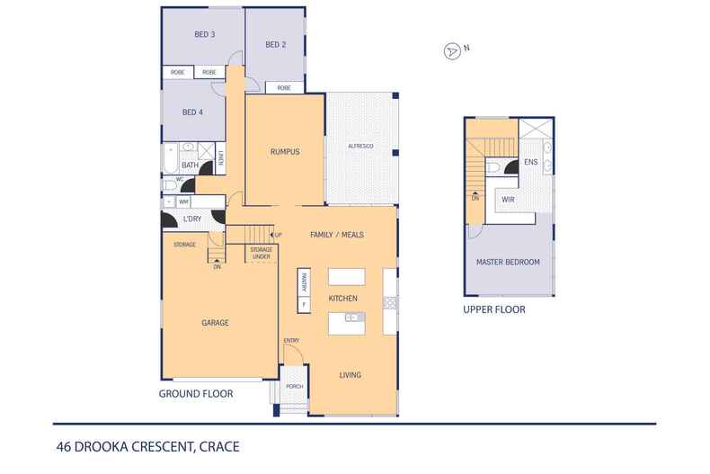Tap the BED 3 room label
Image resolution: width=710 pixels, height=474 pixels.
(x=204, y=35)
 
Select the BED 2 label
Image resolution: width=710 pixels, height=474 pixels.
(x=275, y=44)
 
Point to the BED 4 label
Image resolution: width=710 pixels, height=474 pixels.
(x=191, y=112)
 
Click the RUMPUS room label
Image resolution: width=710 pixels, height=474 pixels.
(x=284, y=152)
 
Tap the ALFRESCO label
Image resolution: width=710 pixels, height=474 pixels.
(x=359, y=146)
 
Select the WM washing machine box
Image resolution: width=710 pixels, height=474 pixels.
(x=182, y=202)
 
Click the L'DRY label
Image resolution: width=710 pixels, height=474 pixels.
(x=191, y=219)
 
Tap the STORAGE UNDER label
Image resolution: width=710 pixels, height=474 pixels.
(x=261, y=253)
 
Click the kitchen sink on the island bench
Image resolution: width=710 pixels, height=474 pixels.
(x=353, y=317)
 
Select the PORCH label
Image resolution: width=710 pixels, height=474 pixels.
(x=294, y=386)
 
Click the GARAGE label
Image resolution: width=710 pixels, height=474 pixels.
(x=215, y=322)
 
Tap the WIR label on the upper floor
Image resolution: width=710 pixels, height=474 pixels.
(x=507, y=199)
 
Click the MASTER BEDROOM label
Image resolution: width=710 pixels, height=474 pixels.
(x=508, y=262)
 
